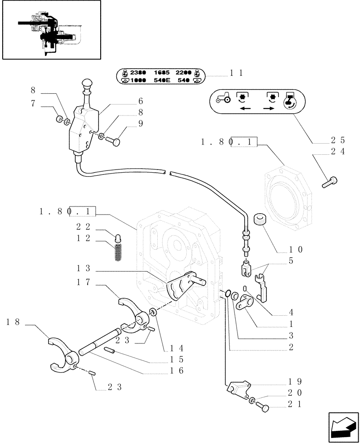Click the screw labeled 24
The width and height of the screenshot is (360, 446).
pyautogui.click(x=330, y=181)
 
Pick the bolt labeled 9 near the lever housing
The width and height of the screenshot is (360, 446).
pyautogui.click(x=114, y=141)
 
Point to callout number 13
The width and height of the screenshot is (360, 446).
pyautogui.click(x=83, y=268)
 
